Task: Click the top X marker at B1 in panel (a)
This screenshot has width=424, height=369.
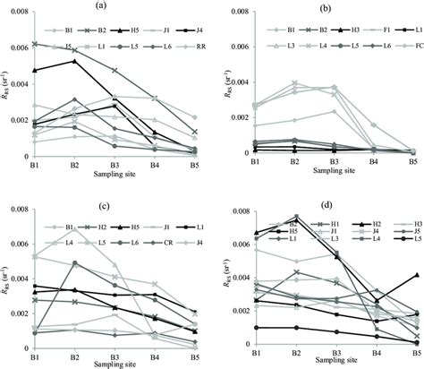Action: point(33,44)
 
